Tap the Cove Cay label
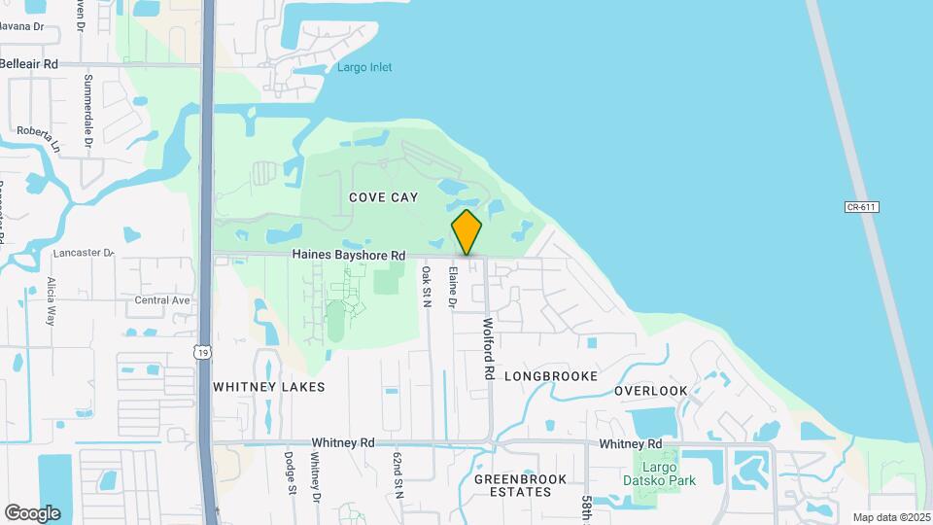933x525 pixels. click(x=384, y=197)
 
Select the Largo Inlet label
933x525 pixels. click(x=365, y=67)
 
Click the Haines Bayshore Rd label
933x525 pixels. click(x=348, y=256)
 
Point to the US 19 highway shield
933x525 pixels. click(x=201, y=352)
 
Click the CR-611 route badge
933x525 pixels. click(x=861, y=206)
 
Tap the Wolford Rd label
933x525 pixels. click(x=489, y=347)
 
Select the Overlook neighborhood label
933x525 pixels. click(x=650, y=391)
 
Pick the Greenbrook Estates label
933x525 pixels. click(x=512, y=485)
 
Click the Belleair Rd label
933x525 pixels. click(x=29, y=63)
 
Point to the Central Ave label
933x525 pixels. click(x=162, y=300)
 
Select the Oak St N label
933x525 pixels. click(x=426, y=288)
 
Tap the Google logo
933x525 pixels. click(x=32, y=512)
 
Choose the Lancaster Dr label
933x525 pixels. click(x=84, y=253)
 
